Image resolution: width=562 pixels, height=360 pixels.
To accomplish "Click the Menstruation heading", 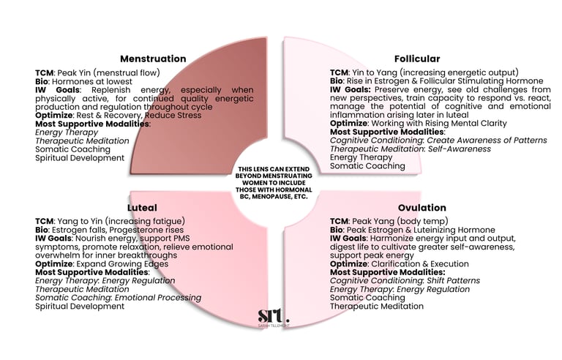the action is coord(153,59).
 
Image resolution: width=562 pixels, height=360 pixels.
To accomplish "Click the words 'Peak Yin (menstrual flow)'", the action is coord(110,72).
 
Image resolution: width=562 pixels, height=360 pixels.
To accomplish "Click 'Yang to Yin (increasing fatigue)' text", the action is coord(121,221).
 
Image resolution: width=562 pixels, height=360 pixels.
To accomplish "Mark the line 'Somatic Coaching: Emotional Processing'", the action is coord(118,298).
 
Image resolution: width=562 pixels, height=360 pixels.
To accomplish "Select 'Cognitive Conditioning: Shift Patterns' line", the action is coord(405,280).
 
